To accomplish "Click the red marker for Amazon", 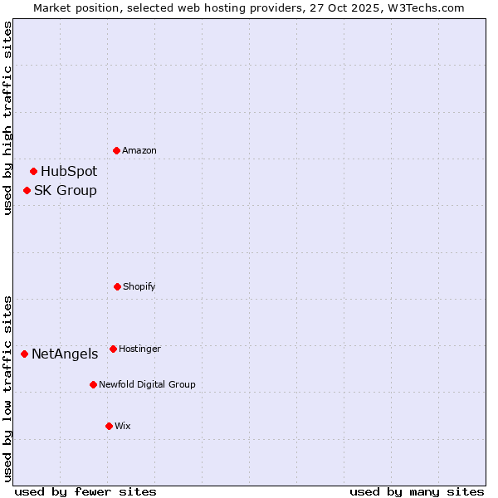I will (117, 150).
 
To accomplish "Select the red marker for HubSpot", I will (34, 172).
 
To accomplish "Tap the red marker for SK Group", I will (27, 191).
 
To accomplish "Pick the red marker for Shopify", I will (117, 286).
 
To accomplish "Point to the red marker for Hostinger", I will (113, 349).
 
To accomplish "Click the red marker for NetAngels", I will (25, 354).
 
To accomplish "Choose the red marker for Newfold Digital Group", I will (93, 384).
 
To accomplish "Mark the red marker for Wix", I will (109, 426).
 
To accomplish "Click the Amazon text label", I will (139, 150).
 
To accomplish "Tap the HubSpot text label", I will (69, 172).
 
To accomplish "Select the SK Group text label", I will (66, 191).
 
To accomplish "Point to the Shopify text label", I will (139, 286).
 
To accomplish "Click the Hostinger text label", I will (139, 349).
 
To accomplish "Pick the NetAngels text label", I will (65, 354).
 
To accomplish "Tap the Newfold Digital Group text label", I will (147, 384).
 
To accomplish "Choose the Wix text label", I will (123, 426).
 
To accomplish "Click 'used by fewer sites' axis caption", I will (85, 491).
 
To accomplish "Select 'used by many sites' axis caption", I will (417, 491).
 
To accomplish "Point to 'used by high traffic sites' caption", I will (7, 118).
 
